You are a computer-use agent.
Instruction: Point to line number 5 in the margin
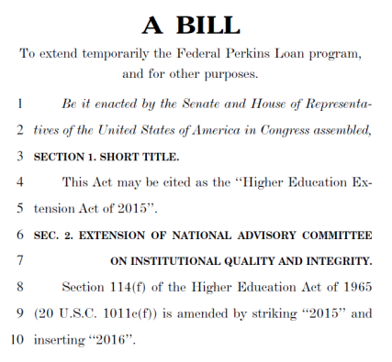[x=19, y=209]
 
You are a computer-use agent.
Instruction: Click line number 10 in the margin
[x=17, y=340]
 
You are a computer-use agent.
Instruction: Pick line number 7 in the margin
[x=19, y=261]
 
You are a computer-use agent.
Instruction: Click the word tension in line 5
[x=53, y=209]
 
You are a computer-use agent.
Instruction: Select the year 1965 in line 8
[x=355, y=288]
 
